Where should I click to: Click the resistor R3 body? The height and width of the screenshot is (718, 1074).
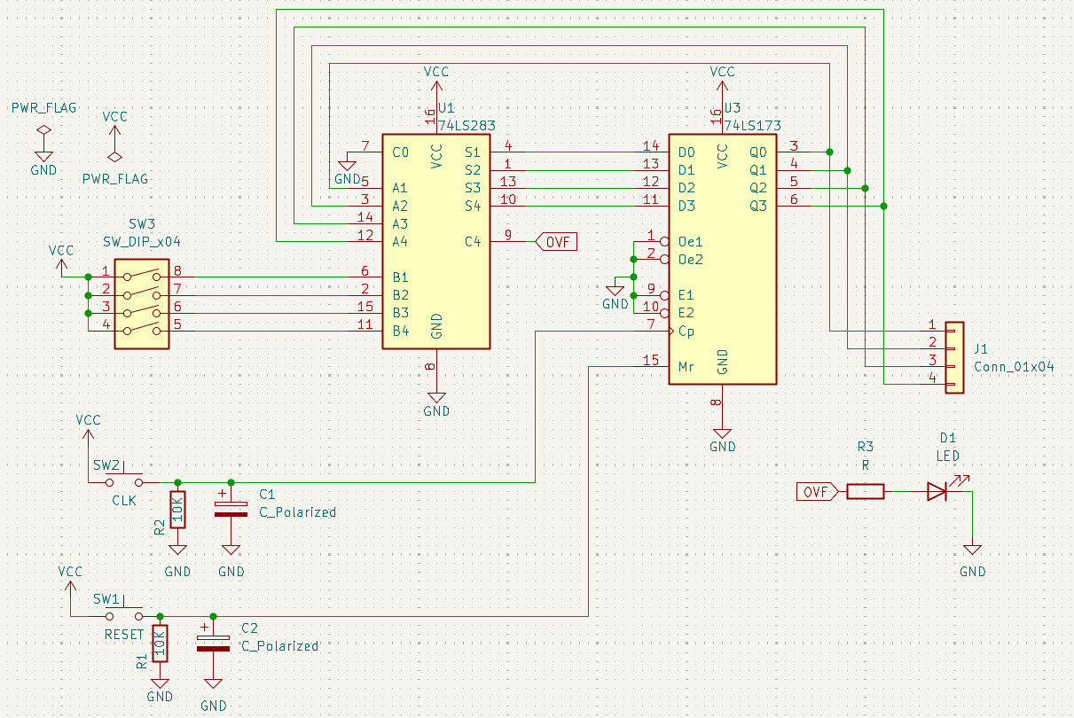[x=865, y=491]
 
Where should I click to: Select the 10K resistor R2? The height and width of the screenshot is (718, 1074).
[x=178, y=509]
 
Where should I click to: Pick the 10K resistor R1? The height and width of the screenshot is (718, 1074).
[x=160, y=643]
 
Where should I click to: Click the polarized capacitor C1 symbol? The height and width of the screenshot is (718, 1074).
[x=231, y=508]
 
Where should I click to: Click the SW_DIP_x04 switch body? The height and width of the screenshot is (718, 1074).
[x=141, y=303]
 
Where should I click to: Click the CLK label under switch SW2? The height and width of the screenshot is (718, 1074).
[x=124, y=501]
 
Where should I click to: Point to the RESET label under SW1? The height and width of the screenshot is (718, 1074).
[x=124, y=635]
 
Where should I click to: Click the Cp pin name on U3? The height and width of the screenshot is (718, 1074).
[x=686, y=331]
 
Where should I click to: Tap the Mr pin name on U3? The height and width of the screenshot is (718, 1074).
[x=686, y=366]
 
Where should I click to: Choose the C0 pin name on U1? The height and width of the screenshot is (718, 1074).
[x=400, y=152]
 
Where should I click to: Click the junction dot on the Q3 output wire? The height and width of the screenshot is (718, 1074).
[x=883, y=206]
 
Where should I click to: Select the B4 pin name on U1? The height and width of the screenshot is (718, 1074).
[x=401, y=331]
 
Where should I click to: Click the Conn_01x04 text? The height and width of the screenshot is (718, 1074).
[x=1014, y=367]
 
